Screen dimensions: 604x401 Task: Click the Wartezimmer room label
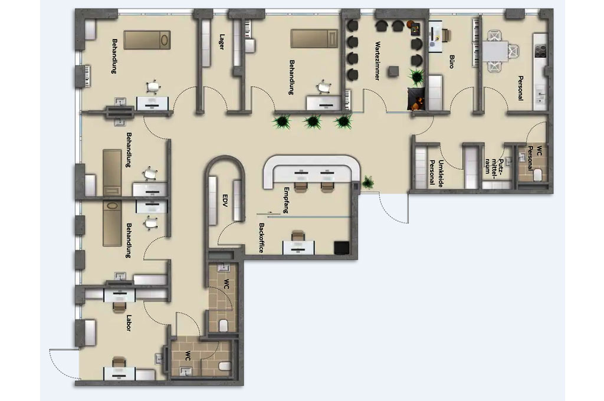[377, 61]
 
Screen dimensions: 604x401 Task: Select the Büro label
[451, 62]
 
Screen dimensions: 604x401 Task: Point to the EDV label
[225, 200]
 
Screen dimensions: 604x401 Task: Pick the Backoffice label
[261, 238]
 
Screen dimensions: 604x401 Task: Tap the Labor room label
[129, 323]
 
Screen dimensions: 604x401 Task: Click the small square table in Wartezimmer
[393, 71]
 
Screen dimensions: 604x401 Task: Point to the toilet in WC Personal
[538, 175]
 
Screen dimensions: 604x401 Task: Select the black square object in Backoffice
[342, 248]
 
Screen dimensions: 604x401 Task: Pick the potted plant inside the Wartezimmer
[416, 77]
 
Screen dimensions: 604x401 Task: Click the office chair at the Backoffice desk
[297, 236]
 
